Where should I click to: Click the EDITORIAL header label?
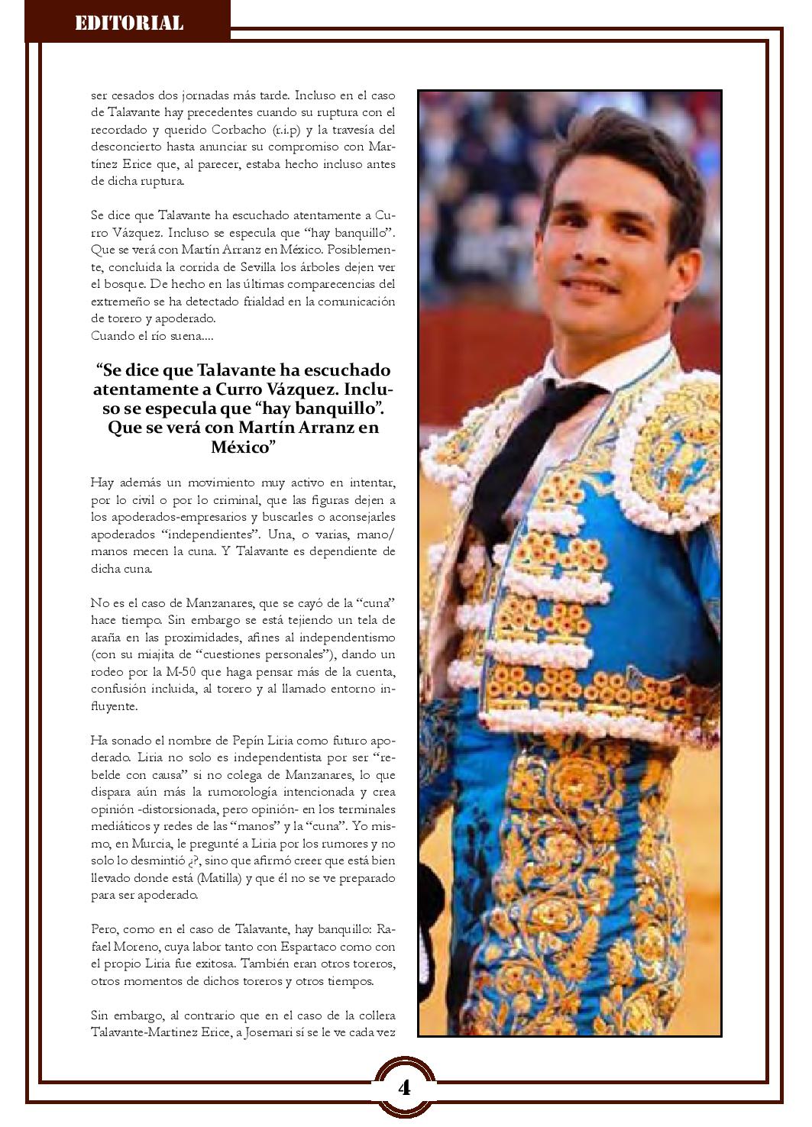point(129,23)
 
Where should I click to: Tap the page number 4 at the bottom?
point(404,1087)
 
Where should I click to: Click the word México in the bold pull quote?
point(243,447)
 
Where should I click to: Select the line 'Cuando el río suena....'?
point(142,336)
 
